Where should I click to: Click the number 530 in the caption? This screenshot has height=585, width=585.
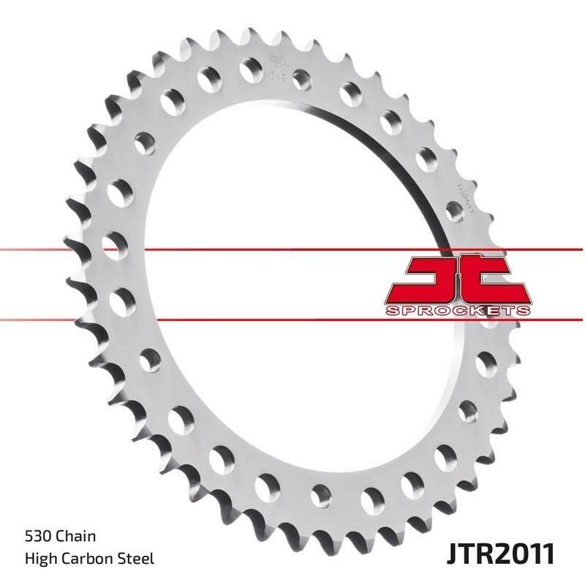click(x=37, y=537)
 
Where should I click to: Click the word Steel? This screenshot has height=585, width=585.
click(x=137, y=559)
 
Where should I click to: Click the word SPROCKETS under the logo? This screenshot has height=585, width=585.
click(x=457, y=311)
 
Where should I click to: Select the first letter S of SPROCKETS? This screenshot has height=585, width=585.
click(x=396, y=311)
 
